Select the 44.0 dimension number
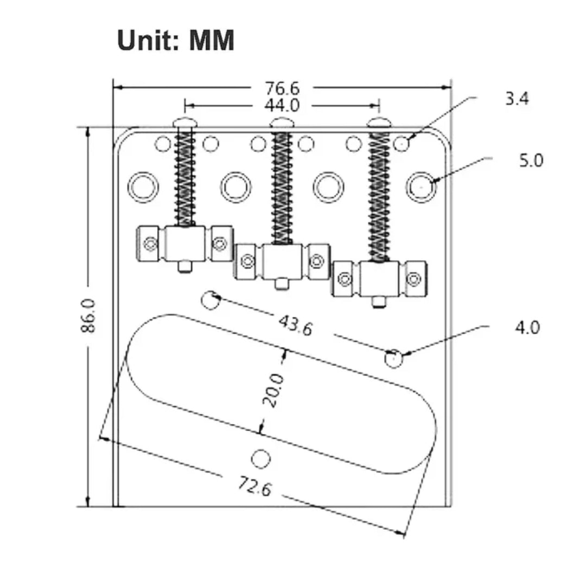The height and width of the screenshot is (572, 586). point(282,105)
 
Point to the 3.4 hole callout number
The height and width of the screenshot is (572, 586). point(517,99)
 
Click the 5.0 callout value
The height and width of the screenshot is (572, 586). point(531,161)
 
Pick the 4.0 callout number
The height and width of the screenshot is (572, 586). point(527,327)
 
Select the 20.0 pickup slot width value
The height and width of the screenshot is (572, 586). point(273,390)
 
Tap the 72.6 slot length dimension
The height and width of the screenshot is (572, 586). point(253,486)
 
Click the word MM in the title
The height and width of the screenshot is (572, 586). point(212,41)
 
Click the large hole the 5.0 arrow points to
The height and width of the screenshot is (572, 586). point(422,187)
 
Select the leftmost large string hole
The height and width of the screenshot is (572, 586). point(143,187)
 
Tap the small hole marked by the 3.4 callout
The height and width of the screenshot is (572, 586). point(402,144)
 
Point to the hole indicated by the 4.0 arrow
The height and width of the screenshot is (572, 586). point(394,358)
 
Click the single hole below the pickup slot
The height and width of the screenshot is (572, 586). point(262,458)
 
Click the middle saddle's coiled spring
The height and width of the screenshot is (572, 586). point(282,187)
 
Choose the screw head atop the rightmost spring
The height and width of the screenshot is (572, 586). point(379,123)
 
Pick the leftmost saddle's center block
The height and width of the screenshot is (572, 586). point(185,243)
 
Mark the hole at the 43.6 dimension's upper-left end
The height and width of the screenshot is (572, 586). point(211,299)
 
